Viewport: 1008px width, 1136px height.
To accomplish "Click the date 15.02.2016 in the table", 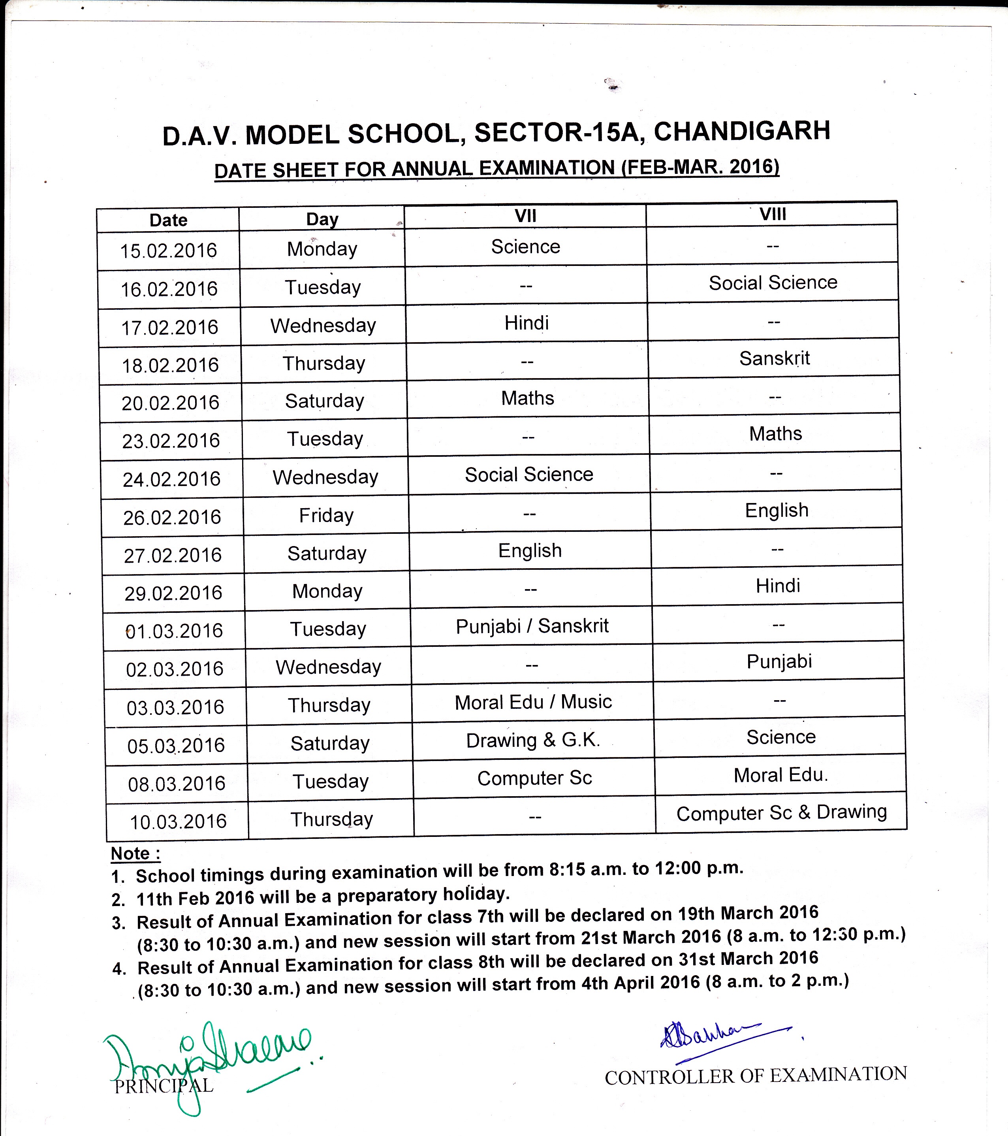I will click(x=168, y=251).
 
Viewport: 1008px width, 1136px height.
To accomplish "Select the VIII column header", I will click(x=773, y=214).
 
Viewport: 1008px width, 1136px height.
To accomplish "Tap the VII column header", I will click(x=525, y=216).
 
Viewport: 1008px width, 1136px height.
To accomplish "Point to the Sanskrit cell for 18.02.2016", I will click(x=774, y=358).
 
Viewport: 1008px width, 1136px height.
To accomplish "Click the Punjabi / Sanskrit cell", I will click(x=532, y=626).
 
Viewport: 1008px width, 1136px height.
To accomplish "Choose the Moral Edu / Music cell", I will click(x=533, y=702).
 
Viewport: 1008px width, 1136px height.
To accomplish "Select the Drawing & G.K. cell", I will click(x=533, y=740).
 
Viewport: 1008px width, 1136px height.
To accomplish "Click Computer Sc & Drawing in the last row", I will click(x=781, y=812).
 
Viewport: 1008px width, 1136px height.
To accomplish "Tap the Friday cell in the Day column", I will click(x=326, y=515).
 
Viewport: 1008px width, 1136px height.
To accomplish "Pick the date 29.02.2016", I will click(x=173, y=593).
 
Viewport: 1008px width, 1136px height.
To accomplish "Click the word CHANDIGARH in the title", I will click(x=742, y=132).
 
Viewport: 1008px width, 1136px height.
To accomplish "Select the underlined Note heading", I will click(x=135, y=853).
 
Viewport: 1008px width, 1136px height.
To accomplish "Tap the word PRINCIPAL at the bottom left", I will click(x=164, y=1086).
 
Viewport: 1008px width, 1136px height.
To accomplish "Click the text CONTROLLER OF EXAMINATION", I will click(x=756, y=1076).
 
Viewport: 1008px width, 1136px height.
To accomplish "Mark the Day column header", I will click(x=322, y=219).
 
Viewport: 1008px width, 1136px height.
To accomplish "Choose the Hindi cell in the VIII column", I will click(x=777, y=586).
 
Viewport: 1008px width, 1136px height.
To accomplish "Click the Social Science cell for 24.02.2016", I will click(x=529, y=475).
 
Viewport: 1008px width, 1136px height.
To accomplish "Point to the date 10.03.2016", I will click(x=178, y=821).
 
